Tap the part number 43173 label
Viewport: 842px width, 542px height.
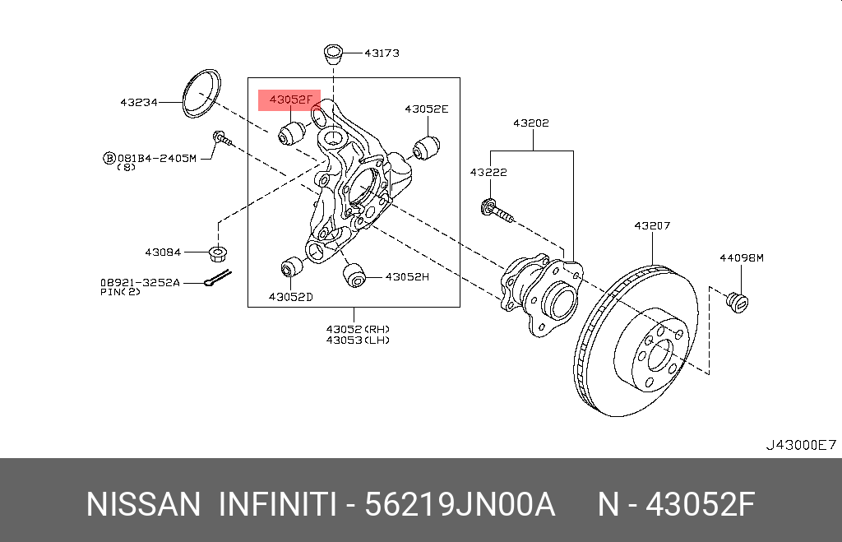coord(382,53)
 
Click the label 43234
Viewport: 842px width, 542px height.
coord(139,103)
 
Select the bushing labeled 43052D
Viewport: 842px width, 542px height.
coord(290,268)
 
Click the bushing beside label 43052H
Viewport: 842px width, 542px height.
coord(354,276)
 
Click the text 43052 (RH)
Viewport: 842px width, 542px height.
coord(358,328)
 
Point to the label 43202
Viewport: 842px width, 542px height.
coord(530,123)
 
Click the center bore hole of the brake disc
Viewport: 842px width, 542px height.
coord(659,356)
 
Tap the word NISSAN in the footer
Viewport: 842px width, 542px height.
coord(142,504)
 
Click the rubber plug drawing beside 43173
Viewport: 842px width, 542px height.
coord(332,53)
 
